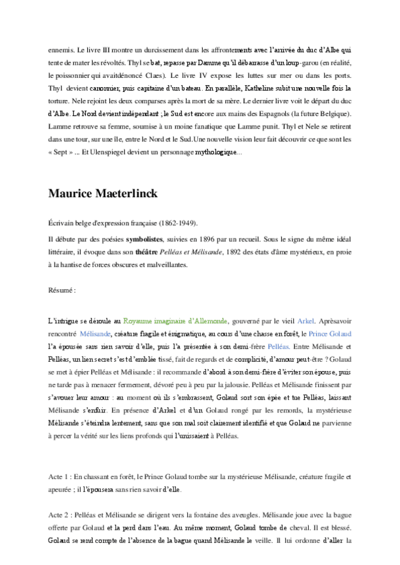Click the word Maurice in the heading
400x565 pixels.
(x=73, y=193)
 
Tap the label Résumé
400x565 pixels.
(x=62, y=290)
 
